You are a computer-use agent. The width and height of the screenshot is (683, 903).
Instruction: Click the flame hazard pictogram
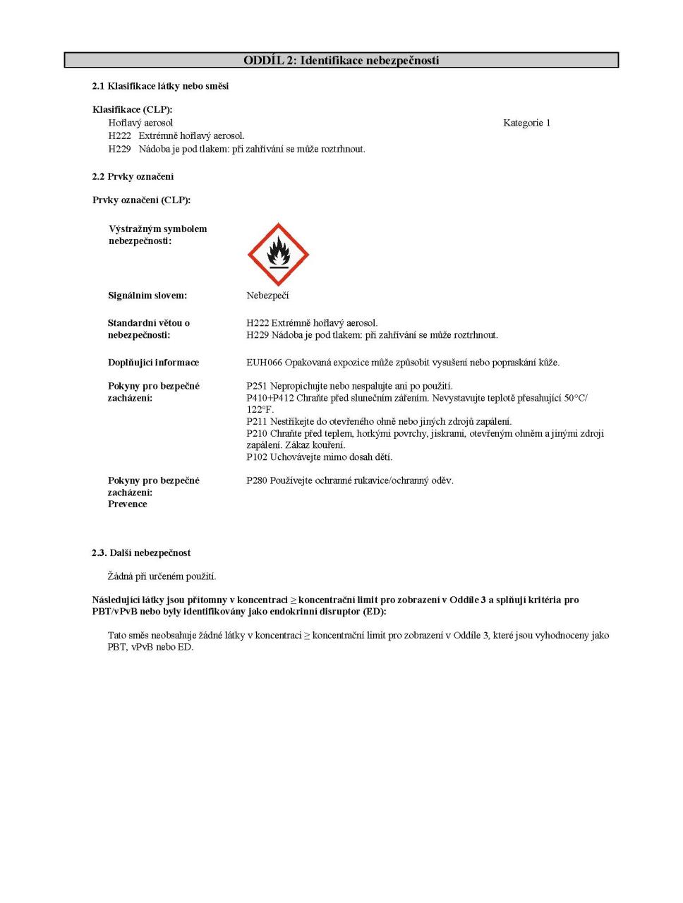point(278,255)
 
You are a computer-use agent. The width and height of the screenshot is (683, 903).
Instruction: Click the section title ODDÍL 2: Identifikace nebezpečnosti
point(341,61)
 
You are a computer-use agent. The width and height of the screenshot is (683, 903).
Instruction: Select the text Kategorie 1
point(526,123)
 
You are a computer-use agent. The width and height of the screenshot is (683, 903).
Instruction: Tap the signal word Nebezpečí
point(267,296)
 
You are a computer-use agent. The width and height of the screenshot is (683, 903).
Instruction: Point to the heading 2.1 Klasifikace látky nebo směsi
point(160,86)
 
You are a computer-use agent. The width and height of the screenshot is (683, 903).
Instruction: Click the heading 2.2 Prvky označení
point(133,176)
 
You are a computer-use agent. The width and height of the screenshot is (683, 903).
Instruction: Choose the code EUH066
point(264,363)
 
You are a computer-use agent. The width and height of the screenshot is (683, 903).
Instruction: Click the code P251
point(257,386)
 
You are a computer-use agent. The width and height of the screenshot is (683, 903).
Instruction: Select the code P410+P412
point(270,398)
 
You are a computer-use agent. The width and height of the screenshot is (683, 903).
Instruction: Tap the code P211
point(257,422)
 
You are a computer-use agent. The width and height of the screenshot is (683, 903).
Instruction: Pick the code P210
point(257,433)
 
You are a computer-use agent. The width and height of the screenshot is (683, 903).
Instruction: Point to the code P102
point(257,457)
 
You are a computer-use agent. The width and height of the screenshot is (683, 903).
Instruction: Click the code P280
point(257,480)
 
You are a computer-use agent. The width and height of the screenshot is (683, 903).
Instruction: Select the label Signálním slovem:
point(147,296)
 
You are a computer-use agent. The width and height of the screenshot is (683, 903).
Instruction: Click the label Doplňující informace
point(153,363)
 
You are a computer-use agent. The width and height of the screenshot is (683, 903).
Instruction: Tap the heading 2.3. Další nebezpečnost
point(141,553)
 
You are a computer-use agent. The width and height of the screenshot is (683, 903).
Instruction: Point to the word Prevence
point(128,504)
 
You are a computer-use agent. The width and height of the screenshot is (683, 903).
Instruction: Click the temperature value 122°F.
point(260,410)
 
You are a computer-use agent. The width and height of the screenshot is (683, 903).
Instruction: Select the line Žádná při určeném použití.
point(162,576)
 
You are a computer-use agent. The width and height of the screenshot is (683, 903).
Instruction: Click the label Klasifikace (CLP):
point(132,109)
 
